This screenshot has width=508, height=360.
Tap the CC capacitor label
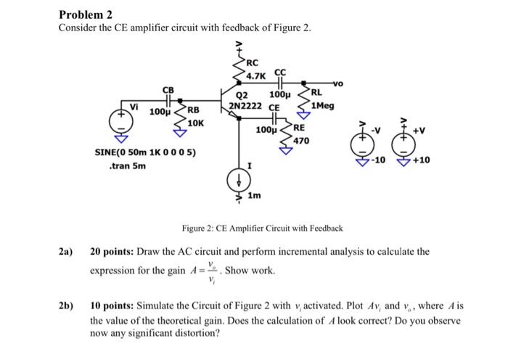[x=280, y=73]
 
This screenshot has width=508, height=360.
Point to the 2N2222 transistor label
[x=245, y=106]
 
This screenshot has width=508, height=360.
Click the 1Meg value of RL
[x=322, y=105]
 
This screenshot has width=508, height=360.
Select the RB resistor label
[x=193, y=111]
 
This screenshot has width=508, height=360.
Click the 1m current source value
[x=255, y=196]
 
